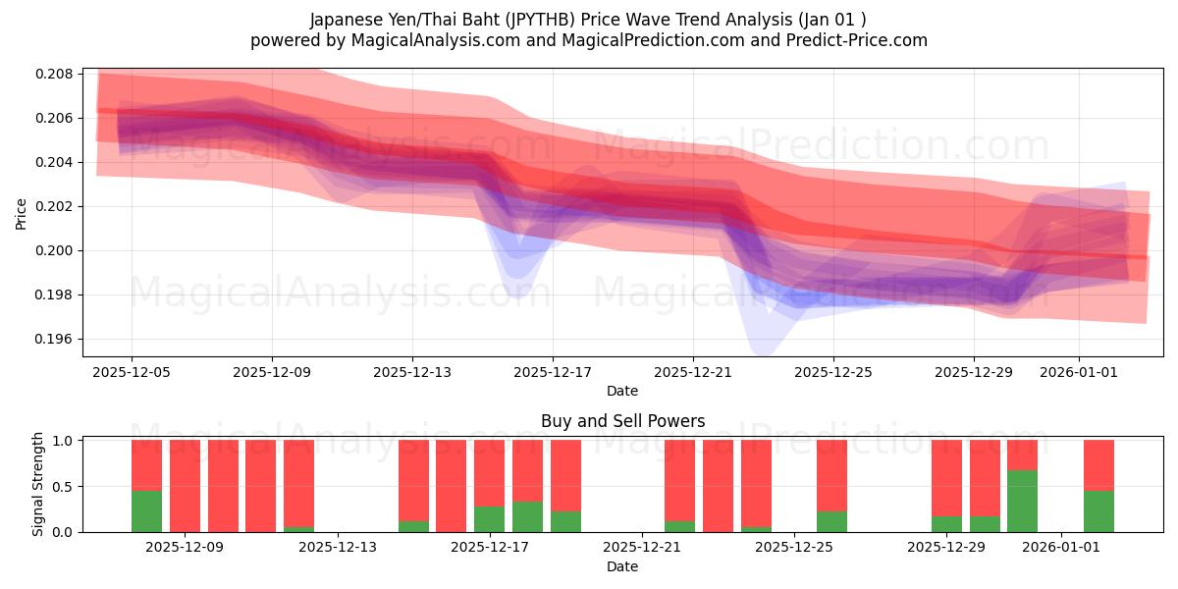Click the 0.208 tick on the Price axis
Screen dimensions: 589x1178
(57, 75)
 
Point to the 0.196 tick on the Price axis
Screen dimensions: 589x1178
(57, 340)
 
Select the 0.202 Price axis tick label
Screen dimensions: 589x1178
(57, 207)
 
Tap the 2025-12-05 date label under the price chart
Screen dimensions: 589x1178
(132, 372)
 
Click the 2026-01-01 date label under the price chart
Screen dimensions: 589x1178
(1079, 372)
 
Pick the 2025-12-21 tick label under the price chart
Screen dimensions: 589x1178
(693, 372)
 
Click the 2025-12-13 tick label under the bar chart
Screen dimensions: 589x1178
(337, 548)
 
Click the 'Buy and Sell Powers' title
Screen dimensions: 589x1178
(622, 421)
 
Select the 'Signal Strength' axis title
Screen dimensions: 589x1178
(38, 484)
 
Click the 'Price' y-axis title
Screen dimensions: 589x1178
(22, 212)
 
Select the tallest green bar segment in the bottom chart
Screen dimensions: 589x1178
(1022, 502)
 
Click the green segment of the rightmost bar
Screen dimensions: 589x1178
(1098, 511)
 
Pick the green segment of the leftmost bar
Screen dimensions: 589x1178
(146, 511)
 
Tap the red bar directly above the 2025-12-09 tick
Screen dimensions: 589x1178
(185, 486)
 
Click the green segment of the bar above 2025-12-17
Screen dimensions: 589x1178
(489, 519)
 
